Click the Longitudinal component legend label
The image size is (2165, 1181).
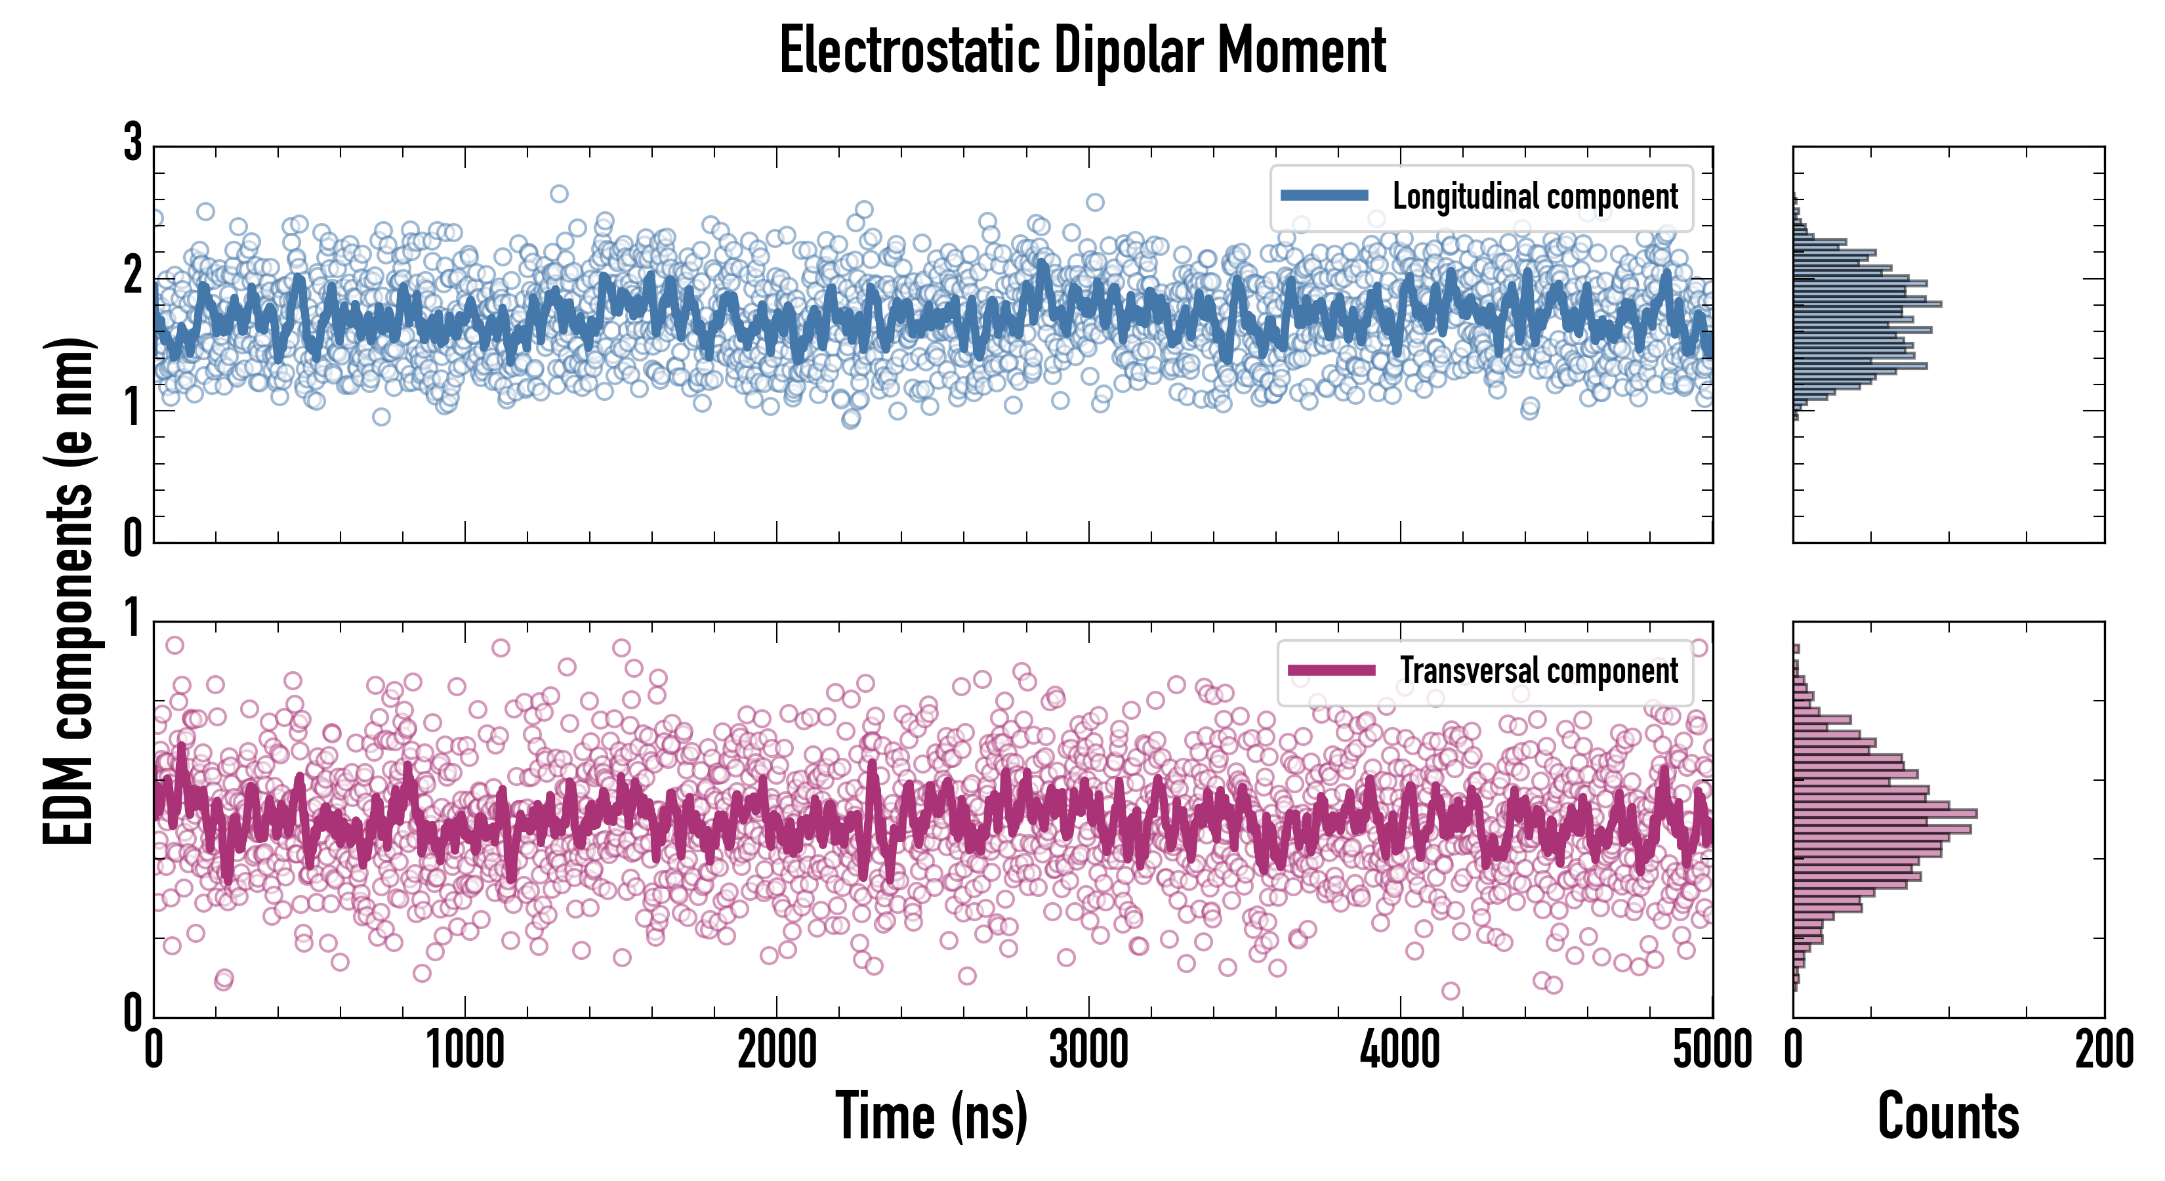[1535, 197]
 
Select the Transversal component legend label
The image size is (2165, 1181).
[1538, 671]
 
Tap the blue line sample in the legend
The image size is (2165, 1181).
[1324, 196]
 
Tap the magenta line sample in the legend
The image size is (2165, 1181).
[1331, 670]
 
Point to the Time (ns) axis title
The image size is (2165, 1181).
[931, 1115]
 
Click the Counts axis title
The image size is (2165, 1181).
[1948, 1115]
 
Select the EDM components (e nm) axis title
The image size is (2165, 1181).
[69, 591]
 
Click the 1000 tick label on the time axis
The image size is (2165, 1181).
[464, 1050]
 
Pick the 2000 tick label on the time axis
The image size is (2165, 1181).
[777, 1050]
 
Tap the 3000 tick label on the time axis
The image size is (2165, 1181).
[1088, 1050]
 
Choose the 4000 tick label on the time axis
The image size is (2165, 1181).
[1400, 1050]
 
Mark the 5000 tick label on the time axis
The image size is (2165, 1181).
[1712, 1050]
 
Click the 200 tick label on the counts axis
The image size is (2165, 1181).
[2103, 1050]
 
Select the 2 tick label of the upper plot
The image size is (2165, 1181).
[133, 276]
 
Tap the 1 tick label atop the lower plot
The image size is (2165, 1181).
[133, 619]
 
